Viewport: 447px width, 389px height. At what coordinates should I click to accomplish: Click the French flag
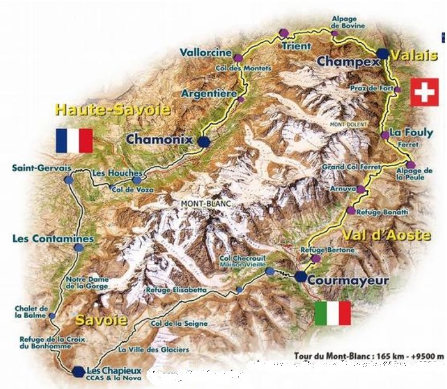74,141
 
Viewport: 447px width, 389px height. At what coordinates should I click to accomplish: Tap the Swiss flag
424,92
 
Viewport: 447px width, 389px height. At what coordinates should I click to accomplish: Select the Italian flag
333,313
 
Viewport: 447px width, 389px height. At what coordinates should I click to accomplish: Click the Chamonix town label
159,139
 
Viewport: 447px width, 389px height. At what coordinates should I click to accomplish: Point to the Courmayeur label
353,280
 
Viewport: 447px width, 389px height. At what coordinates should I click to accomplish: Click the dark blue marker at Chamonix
204,141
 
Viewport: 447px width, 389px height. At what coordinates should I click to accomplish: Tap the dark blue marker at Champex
382,54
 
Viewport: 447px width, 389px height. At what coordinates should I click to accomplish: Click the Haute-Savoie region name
113,110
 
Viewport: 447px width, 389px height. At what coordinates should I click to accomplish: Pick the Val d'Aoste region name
387,235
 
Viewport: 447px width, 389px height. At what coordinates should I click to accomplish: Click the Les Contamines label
54,239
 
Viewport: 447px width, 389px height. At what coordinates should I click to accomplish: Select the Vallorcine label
206,52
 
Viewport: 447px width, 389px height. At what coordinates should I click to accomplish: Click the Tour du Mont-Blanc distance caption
369,356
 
